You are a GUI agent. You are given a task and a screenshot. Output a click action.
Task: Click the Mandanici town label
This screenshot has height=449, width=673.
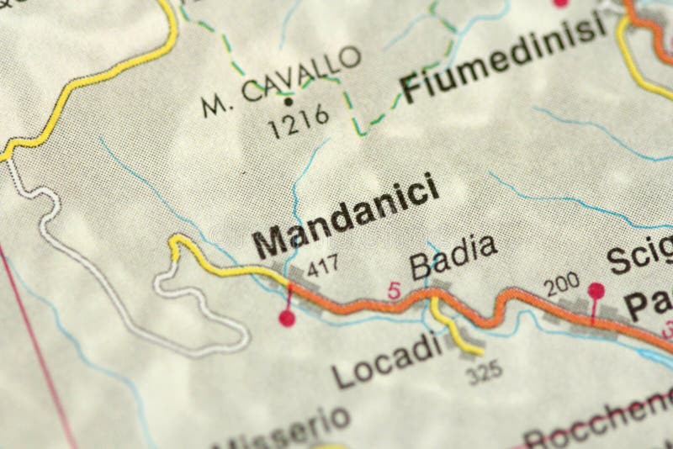(x=347, y=216)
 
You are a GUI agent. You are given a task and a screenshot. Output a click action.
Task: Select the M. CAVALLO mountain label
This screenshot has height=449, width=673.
(x=282, y=82)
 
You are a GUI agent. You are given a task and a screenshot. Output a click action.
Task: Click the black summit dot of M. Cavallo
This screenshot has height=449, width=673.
(x=289, y=102)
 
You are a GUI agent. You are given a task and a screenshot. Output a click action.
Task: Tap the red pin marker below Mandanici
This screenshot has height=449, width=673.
(x=288, y=317)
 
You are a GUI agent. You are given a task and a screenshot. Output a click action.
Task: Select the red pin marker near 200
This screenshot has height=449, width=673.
(x=596, y=291)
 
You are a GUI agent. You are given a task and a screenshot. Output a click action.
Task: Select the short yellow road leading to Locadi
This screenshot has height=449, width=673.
(x=454, y=328)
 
